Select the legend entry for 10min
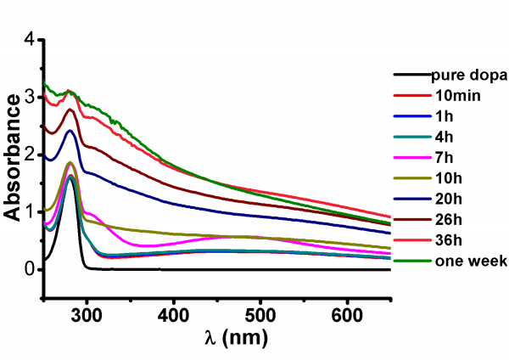pos(456,95)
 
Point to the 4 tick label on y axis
pos(30,39)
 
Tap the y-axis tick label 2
pos(30,155)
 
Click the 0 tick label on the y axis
pos(30,269)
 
